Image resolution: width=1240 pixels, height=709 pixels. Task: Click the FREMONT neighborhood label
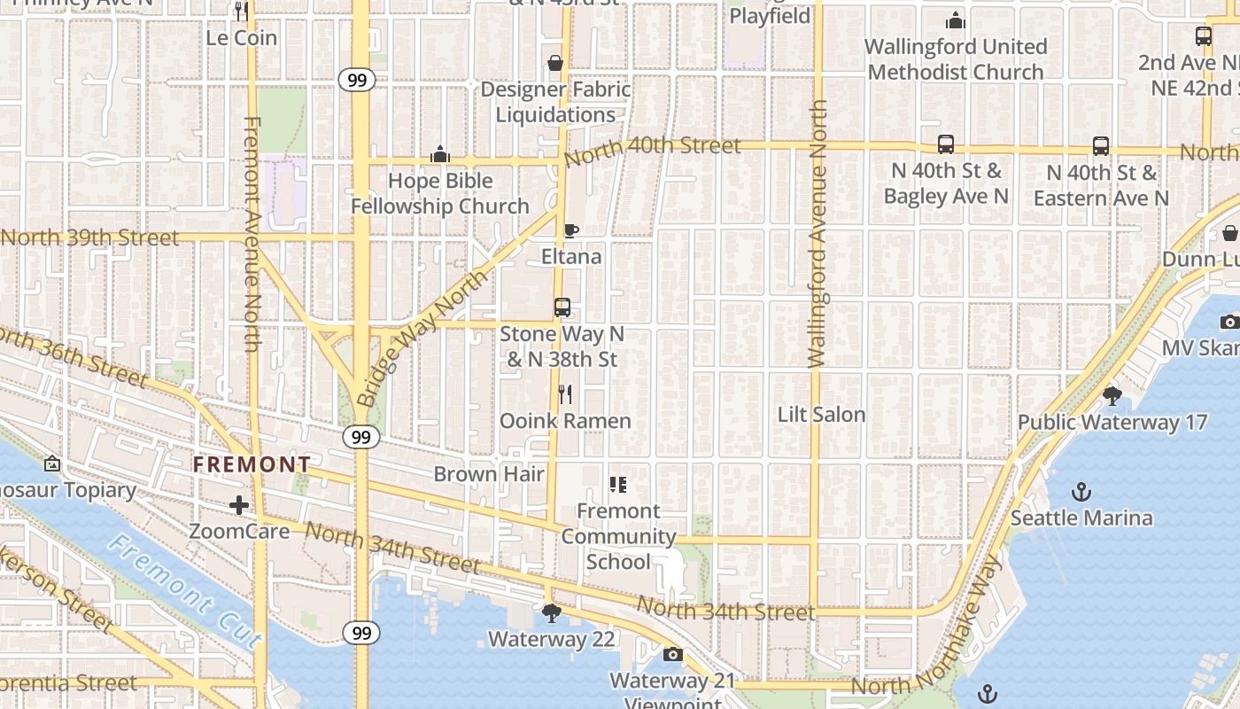point(252,464)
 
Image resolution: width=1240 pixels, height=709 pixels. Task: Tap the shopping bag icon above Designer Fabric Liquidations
point(555,63)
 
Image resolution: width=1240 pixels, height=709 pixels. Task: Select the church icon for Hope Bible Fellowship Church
point(440,155)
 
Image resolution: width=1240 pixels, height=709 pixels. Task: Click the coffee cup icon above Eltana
point(571,230)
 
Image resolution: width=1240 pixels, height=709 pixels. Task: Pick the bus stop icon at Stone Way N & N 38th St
point(562,308)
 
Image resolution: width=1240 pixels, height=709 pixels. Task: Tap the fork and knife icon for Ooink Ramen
point(565,394)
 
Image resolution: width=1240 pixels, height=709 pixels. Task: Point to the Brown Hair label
point(489,474)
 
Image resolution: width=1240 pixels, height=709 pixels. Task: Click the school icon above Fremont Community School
point(618,484)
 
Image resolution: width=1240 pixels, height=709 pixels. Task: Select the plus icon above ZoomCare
point(239,505)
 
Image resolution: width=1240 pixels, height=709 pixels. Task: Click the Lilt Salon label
point(821,414)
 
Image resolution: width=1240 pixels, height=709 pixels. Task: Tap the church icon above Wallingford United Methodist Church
point(956,19)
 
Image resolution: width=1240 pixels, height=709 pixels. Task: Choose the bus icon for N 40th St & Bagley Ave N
point(946,144)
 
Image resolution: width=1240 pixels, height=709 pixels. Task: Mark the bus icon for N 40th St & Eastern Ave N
point(1101,146)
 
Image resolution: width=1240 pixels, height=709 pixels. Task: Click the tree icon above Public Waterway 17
point(1112,395)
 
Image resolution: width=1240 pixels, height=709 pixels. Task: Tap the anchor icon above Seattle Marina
point(1081,491)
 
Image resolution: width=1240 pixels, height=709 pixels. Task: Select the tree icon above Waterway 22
point(551,612)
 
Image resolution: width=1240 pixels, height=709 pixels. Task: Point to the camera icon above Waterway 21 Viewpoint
point(673,654)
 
